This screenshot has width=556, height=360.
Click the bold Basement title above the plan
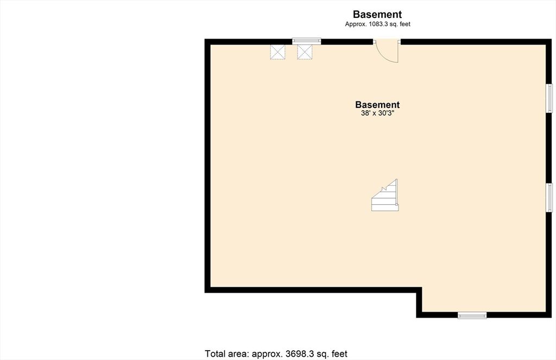[377, 15]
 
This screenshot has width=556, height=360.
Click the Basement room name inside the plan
[377, 105]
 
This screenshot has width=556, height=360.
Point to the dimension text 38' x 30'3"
[377, 113]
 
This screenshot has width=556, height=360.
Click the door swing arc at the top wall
[389, 52]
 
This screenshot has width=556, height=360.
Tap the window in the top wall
[306, 41]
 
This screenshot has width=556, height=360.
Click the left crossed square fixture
[277, 52]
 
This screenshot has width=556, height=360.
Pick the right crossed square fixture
[305, 52]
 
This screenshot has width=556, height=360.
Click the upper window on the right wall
[549, 98]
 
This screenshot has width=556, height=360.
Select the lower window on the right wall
[549, 198]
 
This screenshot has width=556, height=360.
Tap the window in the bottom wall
[472, 315]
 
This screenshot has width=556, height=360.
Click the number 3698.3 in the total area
[301, 354]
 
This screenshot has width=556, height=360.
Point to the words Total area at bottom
[226, 354]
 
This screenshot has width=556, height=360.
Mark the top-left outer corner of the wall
[205, 40]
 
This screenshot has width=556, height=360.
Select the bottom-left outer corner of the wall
[205, 293]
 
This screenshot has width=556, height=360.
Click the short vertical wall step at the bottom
[419, 302]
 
